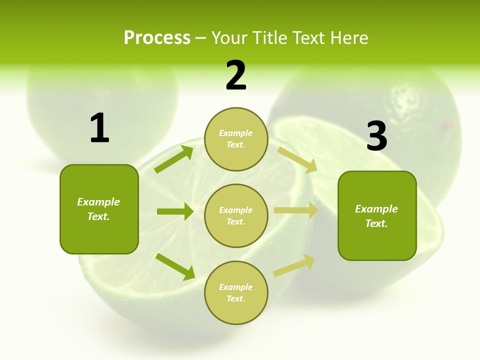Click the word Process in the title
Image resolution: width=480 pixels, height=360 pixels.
pyautogui.click(x=157, y=38)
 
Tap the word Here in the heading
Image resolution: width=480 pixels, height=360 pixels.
pyautogui.click(x=349, y=38)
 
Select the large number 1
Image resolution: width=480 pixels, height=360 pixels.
pyautogui.click(x=99, y=128)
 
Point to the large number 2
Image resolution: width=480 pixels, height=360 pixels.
pyautogui.click(x=236, y=75)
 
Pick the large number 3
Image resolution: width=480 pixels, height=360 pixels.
pyautogui.click(x=376, y=136)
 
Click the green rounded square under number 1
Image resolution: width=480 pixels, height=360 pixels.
pyautogui.click(x=99, y=209)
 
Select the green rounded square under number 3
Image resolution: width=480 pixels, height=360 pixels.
pyautogui.click(x=377, y=216)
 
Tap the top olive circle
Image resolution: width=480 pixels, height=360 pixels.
pyautogui.click(x=236, y=139)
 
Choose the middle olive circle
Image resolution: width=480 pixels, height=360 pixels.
pyautogui.click(x=236, y=215)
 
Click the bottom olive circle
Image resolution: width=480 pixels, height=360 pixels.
pyautogui.click(x=236, y=292)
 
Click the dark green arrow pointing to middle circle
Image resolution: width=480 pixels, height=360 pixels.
pyautogui.click(x=175, y=211)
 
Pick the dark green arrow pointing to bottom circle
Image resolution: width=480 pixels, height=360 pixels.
pyautogui.click(x=175, y=266)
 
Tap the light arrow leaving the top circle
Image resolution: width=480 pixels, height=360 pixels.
pyautogui.click(x=297, y=159)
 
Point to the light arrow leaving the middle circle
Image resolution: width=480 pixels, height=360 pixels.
pyautogui.click(x=296, y=210)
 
